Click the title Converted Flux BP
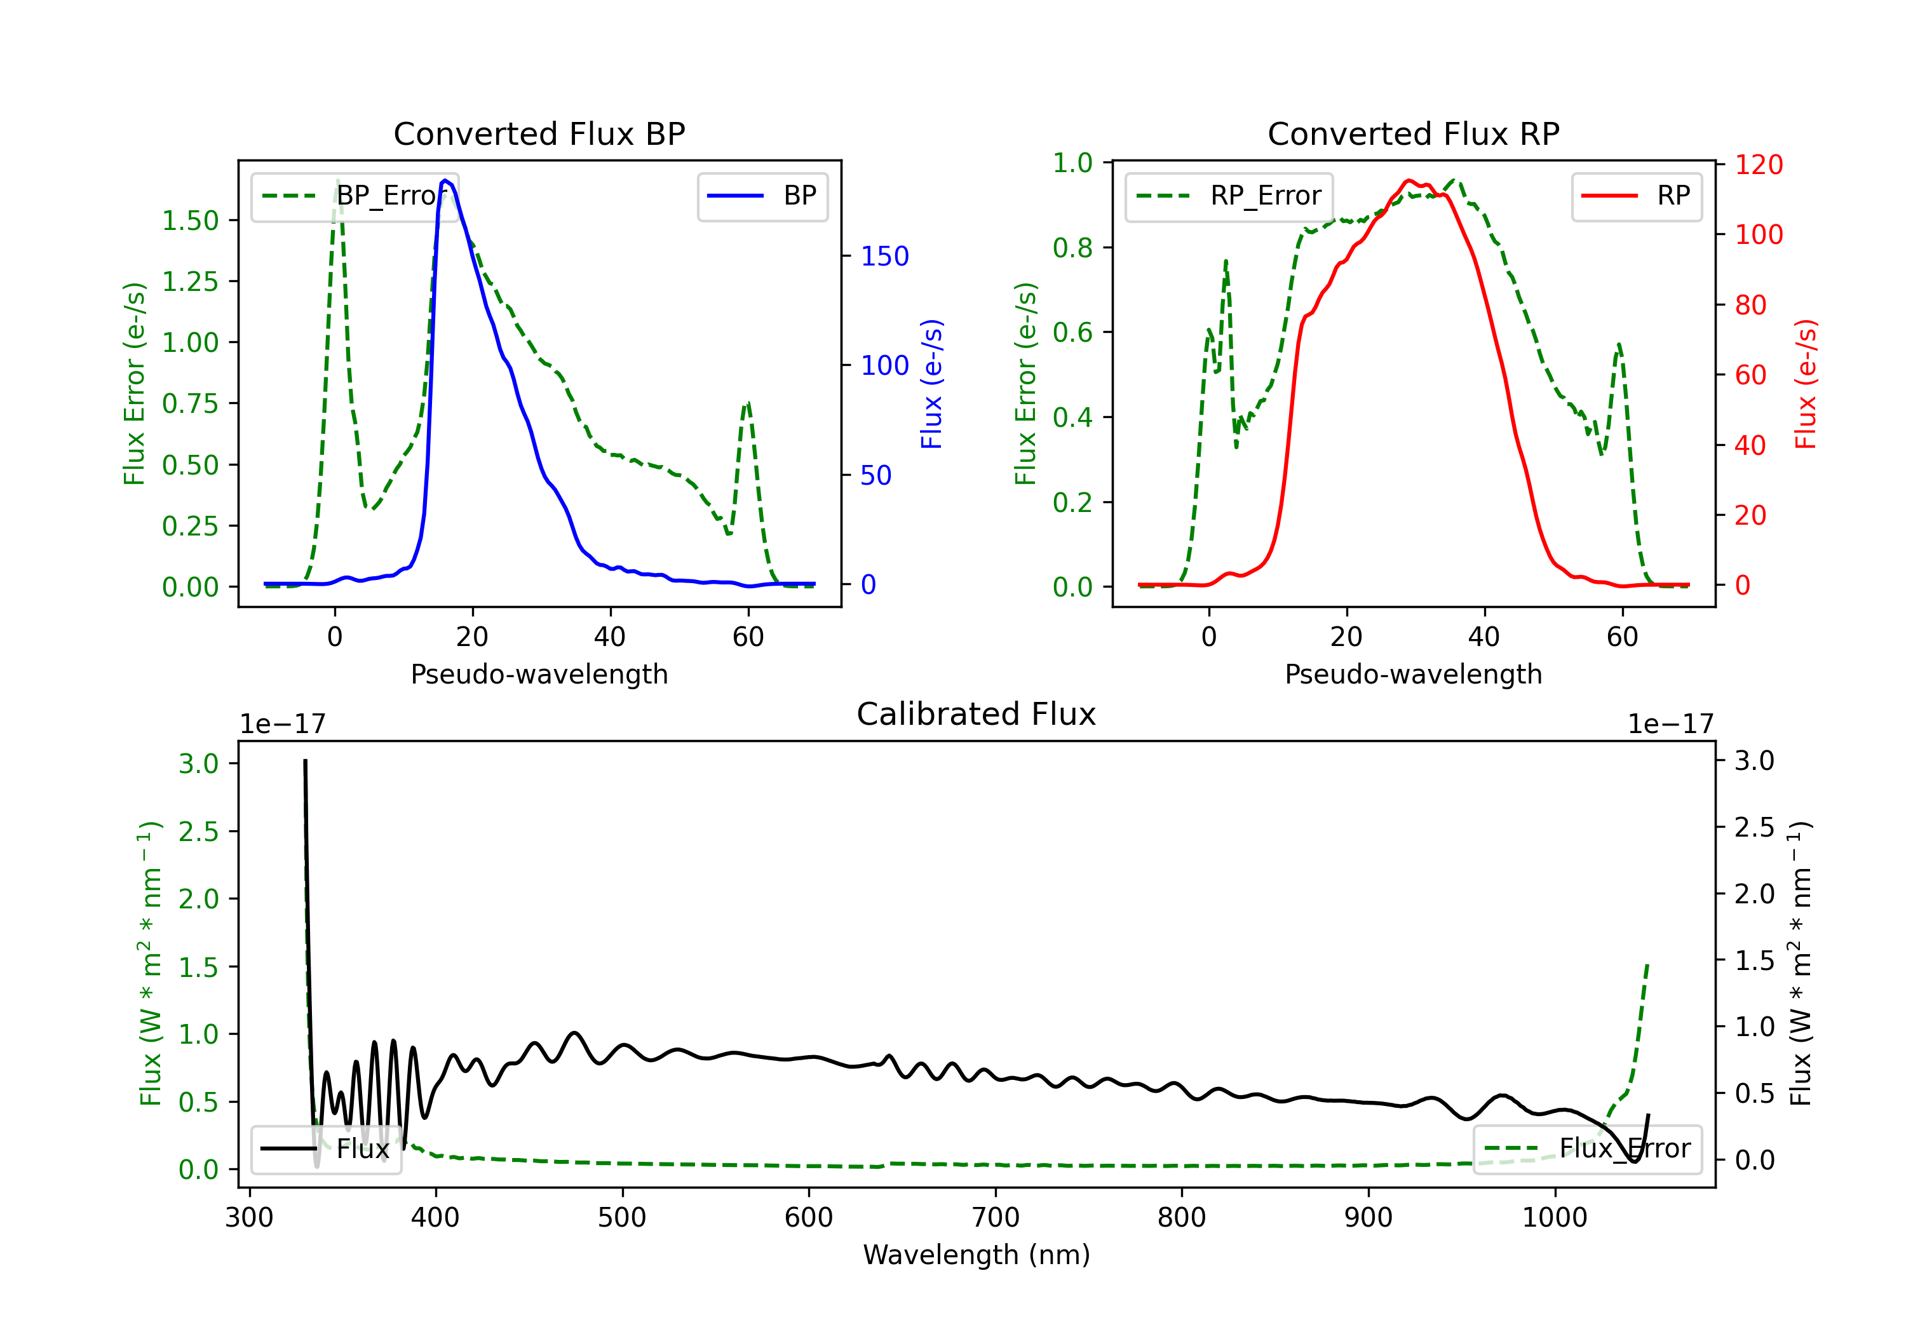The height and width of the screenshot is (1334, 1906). coord(539,133)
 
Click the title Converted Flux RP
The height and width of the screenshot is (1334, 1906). coord(1413,133)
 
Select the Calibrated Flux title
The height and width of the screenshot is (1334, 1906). coord(977,714)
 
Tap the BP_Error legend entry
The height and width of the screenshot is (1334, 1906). coord(355,196)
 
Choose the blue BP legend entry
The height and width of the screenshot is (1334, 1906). coord(762,196)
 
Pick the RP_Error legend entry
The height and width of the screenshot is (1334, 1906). coord(1229,196)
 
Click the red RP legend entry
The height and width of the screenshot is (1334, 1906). coord(1636,196)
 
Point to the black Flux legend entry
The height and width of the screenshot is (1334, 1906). coord(327,1149)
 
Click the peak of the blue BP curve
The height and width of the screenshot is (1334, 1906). coord(446,180)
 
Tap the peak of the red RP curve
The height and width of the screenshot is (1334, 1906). coord(1408,181)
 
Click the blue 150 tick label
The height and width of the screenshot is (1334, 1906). coord(885,255)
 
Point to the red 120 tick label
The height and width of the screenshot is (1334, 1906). coord(1759,165)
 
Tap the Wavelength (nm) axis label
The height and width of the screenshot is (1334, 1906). coord(977,1255)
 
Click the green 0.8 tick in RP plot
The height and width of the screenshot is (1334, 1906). coord(1072,247)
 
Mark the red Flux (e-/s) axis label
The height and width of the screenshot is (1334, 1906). coord(1806,384)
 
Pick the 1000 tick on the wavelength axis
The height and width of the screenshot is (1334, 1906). coord(1555,1218)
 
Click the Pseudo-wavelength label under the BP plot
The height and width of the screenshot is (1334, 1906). coord(539,674)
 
